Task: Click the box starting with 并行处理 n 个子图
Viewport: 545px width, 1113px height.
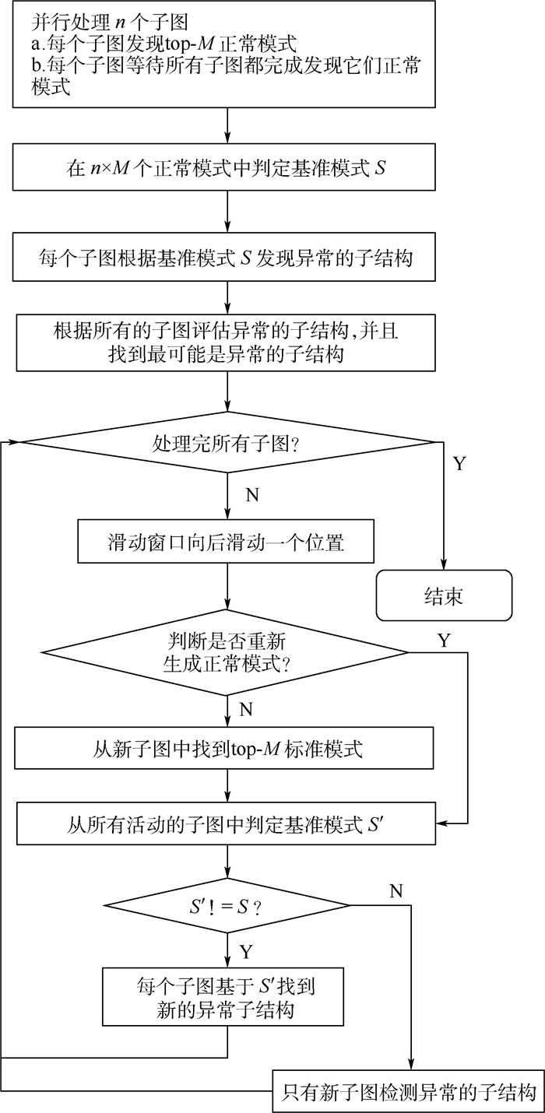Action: (x=227, y=54)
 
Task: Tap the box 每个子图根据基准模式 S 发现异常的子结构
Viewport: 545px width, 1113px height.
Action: (x=227, y=258)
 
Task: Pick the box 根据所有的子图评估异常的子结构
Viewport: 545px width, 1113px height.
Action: (x=227, y=342)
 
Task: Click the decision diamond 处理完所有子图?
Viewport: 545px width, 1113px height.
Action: (x=227, y=443)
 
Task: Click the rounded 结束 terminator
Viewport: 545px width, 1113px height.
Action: (x=444, y=596)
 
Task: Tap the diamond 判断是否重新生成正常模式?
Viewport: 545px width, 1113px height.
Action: (x=227, y=653)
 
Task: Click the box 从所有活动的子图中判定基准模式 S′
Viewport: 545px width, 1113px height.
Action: (x=227, y=823)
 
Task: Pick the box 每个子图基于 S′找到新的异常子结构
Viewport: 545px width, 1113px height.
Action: (x=227, y=998)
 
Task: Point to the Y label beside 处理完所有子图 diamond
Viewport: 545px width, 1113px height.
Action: (x=459, y=465)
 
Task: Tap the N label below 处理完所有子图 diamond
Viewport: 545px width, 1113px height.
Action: (x=252, y=494)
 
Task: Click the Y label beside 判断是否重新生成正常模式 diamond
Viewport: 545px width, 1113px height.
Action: (x=444, y=641)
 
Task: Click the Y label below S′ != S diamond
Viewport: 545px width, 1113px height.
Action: (x=246, y=952)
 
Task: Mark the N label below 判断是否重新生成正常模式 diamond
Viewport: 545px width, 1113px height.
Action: (x=246, y=709)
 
